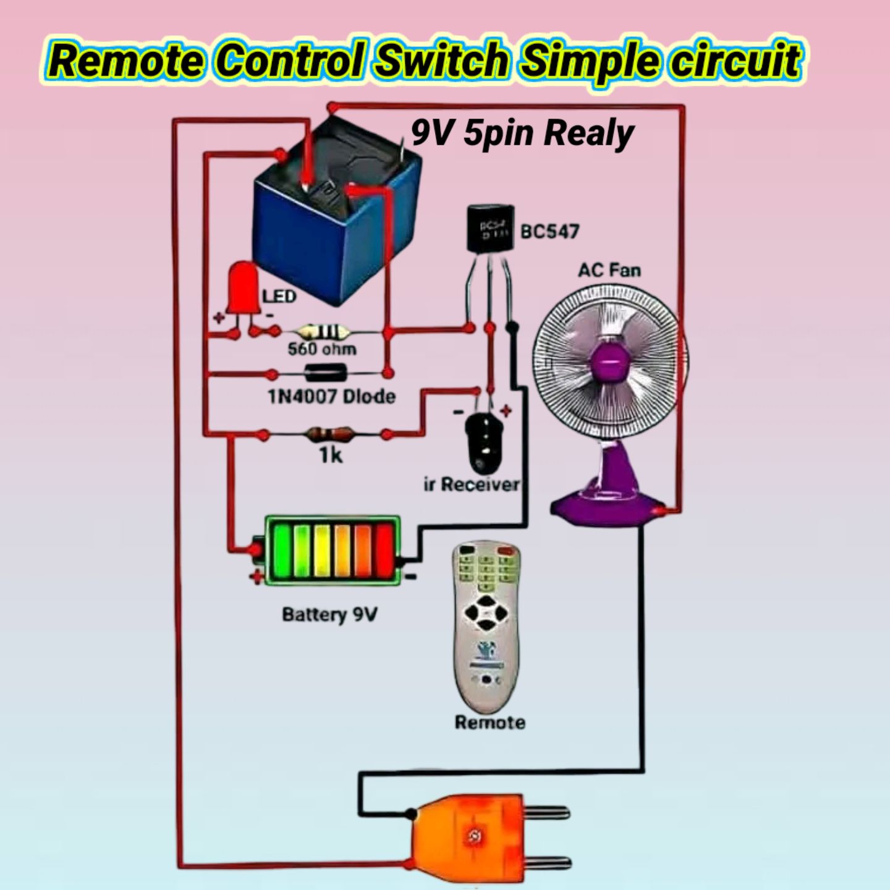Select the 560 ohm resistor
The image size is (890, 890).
(x=323, y=331)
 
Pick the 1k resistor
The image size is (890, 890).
(x=327, y=434)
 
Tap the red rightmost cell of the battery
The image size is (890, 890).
(x=384, y=551)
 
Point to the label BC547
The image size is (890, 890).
(x=549, y=231)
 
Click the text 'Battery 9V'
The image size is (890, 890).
(x=330, y=615)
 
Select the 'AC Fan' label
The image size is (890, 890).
(x=609, y=270)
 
